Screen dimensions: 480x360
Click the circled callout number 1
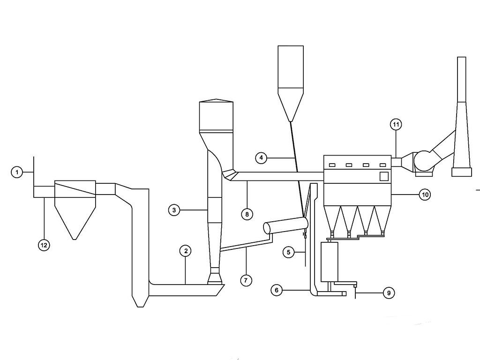17,172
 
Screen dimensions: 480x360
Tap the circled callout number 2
186,251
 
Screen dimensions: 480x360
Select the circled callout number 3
174,210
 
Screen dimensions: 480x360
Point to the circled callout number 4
261,158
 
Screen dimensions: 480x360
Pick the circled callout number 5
288,253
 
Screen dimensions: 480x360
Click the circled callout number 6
277,290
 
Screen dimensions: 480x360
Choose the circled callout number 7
246,280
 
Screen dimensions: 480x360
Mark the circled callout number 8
247,214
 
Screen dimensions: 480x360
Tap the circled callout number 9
389,293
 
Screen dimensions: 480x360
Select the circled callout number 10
425,195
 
